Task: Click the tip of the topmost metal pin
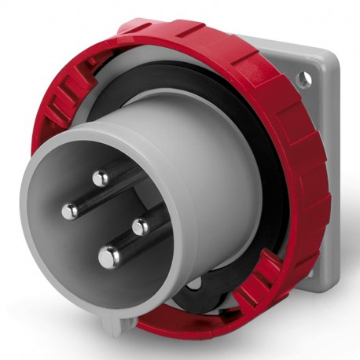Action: click(x=101, y=178)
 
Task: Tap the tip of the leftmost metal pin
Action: click(x=70, y=210)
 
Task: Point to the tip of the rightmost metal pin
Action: click(x=141, y=226)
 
